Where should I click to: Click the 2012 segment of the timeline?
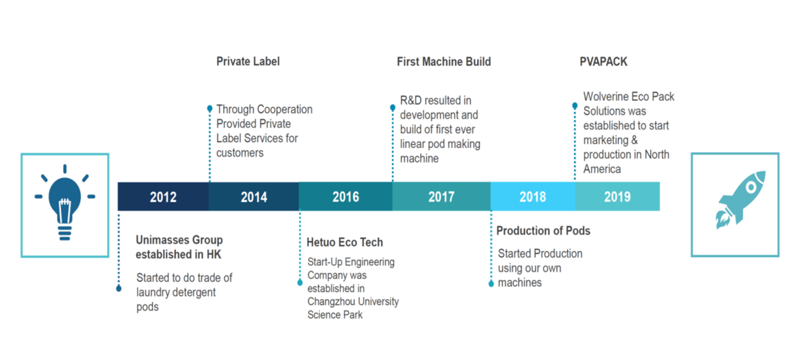click(x=163, y=197)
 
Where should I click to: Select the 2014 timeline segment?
click(x=254, y=197)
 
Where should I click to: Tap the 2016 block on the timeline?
click(x=345, y=197)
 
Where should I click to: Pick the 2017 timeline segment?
click(x=441, y=197)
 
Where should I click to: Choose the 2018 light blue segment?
click(x=533, y=197)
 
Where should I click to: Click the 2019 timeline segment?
click(x=618, y=197)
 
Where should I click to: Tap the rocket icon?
click(x=741, y=199)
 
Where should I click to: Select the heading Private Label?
click(x=248, y=61)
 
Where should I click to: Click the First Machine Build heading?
click(x=444, y=61)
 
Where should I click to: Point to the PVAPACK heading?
click(x=604, y=61)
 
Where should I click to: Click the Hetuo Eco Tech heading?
click(x=345, y=242)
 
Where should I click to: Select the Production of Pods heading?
click(x=543, y=231)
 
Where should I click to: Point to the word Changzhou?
click(x=331, y=301)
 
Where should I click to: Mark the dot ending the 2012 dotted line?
click(x=119, y=288)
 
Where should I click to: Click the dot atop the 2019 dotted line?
click(x=575, y=105)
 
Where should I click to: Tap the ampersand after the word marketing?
click(x=635, y=140)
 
